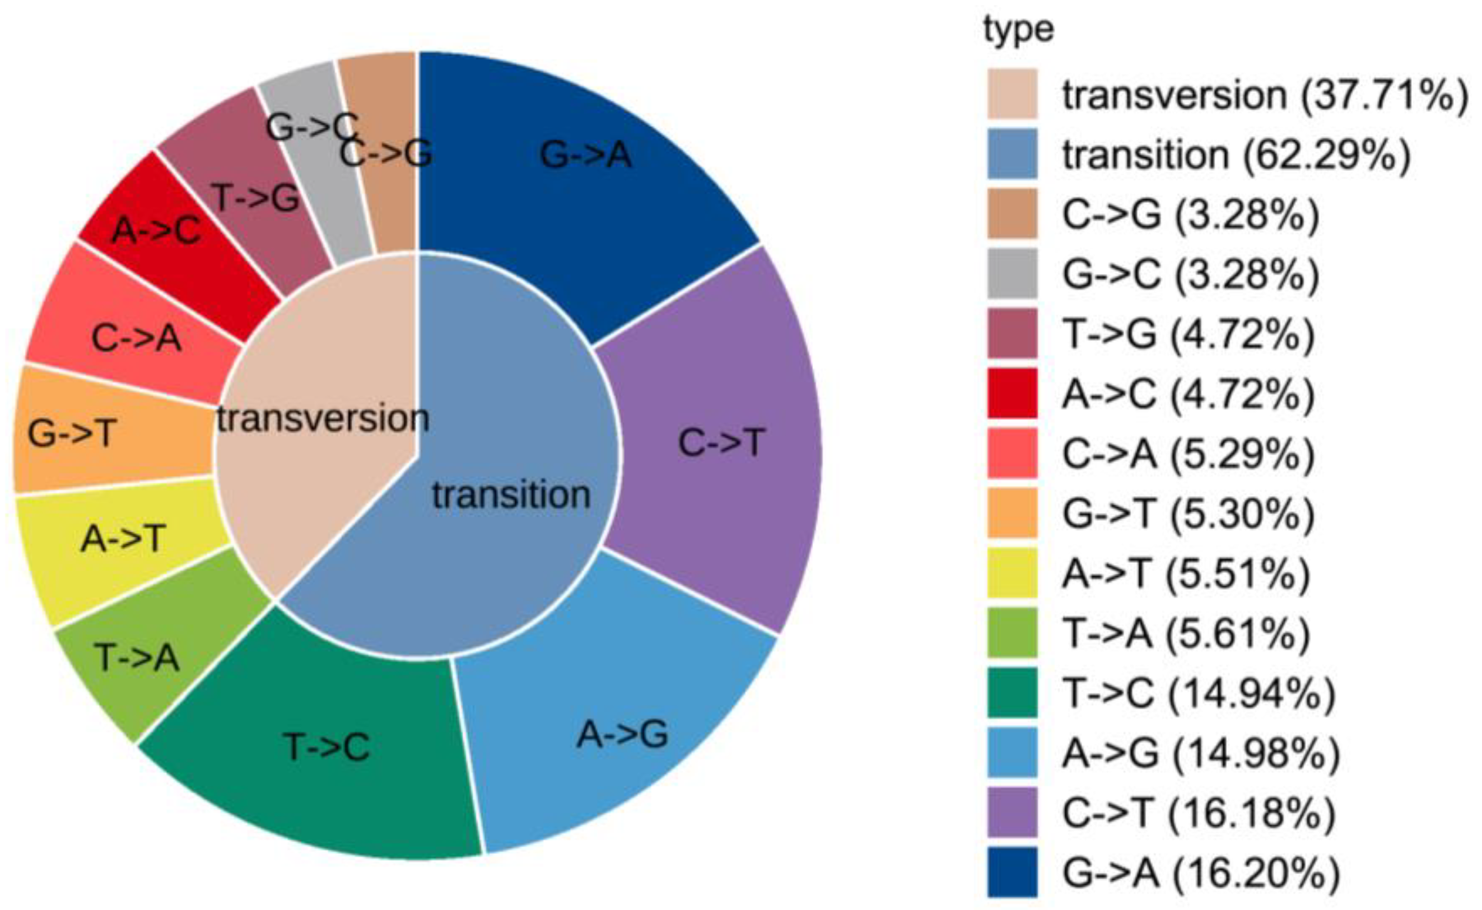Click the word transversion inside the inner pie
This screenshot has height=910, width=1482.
point(323,418)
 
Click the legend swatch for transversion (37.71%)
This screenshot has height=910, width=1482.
point(1013,94)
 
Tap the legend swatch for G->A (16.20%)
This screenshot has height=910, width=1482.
point(1013,872)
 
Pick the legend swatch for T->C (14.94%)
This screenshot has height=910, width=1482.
point(1013,693)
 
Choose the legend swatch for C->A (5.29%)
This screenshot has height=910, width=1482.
point(1013,453)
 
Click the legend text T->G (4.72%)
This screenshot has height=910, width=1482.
point(1189,334)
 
